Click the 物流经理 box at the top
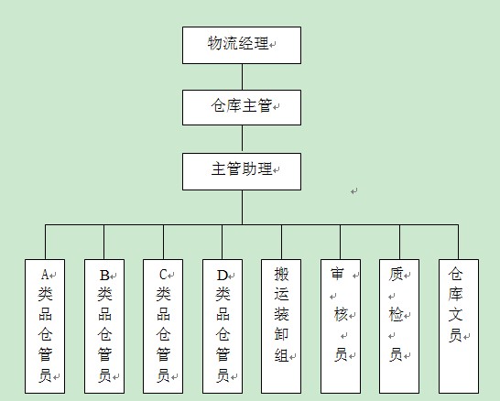point(242,45)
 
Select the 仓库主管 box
point(242,107)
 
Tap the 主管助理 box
point(242,171)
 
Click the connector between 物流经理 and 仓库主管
point(242,77)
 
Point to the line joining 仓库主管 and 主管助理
point(242,139)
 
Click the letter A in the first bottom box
point(45,275)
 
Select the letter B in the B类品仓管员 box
point(104,275)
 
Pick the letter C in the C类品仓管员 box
point(163,275)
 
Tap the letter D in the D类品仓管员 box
point(223,275)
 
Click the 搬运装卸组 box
point(281,326)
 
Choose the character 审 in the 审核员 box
point(337,274)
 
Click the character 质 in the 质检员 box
point(396,275)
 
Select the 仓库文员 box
point(459,326)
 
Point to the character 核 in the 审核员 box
point(341,315)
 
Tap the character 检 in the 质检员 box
point(396,315)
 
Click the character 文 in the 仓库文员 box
point(455,314)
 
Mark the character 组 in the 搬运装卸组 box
point(281,355)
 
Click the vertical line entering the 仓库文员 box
point(458,242)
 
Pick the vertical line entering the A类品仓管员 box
point(45,242)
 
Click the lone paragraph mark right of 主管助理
point(354,191)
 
